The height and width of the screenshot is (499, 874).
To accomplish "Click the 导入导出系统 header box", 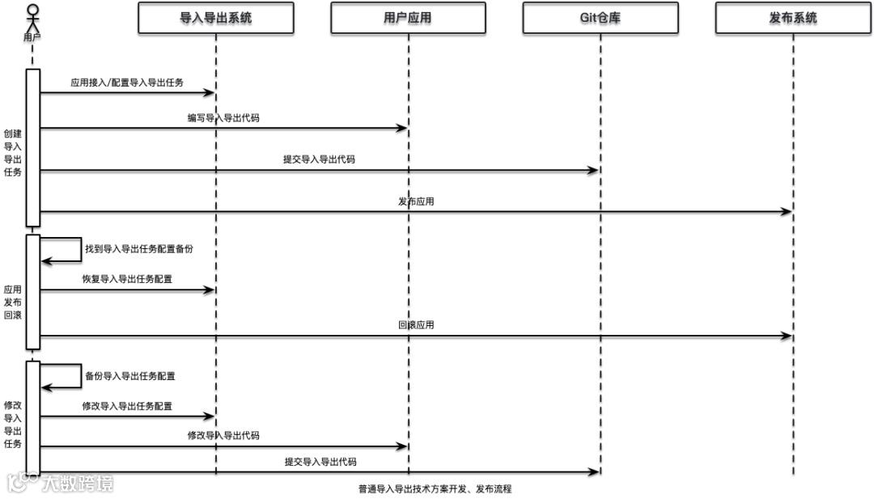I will pyautogui.click(x=215, y=17).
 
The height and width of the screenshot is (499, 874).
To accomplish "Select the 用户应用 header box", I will pyautogui.click(x=408, y=17).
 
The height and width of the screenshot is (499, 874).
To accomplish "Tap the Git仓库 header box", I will pyautogui.click(x=600, y=17).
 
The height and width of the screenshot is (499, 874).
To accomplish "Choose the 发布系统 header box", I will pyautogui.click(x=793, y=17).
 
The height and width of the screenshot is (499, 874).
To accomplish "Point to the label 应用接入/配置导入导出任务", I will pyautogui.click(x=127, y=82).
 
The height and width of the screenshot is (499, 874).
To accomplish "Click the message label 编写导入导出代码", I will pyautogui.click(x=223, y=118).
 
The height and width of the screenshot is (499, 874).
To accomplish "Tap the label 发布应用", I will pyautogui.click(x=416, y=201).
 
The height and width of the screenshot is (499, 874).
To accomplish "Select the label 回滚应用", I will pyautogui.click(x=416, y=325).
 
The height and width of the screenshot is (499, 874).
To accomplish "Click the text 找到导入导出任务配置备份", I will pyautogui.click(x=139, y=250).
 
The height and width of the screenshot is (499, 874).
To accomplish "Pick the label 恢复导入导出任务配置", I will pyautogui.click(x=127, y=279).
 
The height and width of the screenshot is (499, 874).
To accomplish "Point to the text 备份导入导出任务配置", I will pyautogui.click(x=130, y=376).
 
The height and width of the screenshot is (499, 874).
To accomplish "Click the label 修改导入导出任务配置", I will pyautogui.click(x=127, y=406).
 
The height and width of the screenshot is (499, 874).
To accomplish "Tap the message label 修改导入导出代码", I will pyautogui.click(x=223, y=435).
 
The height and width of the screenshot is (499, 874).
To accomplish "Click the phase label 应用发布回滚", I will pyautogui.click(x=12, y=301).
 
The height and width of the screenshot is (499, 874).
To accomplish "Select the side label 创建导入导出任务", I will pyautogui.click(x=12, y=153).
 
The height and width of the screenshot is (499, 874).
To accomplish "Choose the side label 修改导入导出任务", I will pyautogui.click(x=12, y=425).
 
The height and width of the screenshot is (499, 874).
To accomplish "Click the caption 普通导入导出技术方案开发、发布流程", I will pyautogui.click(x=435, y=488).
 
